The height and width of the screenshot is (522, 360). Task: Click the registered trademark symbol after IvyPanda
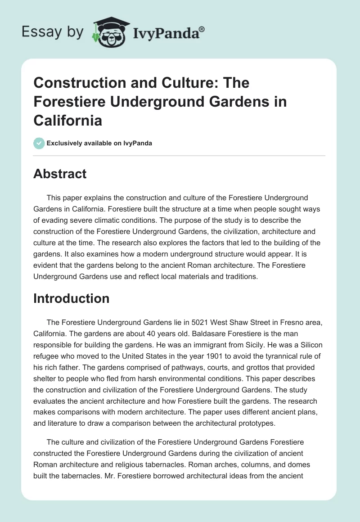point(202,29)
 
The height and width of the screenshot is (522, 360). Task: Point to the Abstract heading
point(60,173)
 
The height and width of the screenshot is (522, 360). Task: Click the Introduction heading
point(71,298)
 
